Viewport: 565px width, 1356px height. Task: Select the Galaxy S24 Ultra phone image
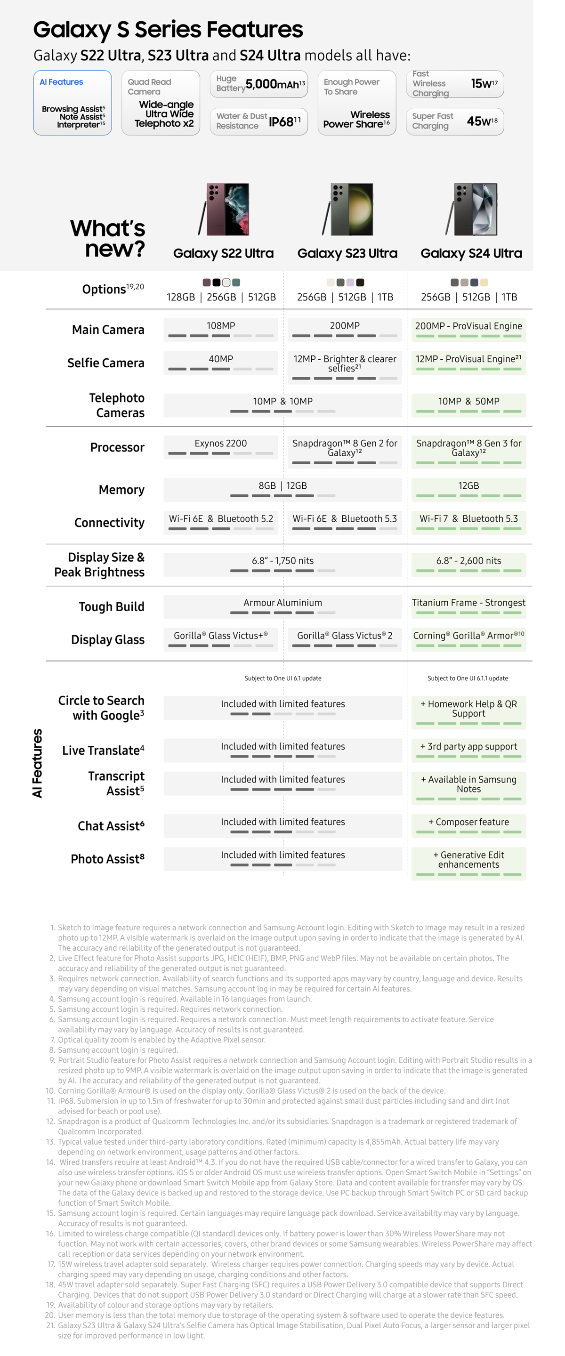pos(472,209)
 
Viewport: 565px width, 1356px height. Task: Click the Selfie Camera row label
pos(106,363)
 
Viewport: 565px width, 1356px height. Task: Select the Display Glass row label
pos(108,639)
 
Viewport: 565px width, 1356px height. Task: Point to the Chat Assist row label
pos(111,826)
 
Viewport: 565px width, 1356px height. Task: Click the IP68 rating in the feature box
pos(284,122)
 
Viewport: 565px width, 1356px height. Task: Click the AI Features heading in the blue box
pos(62,82)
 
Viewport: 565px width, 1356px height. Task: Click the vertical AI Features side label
pos(37,763)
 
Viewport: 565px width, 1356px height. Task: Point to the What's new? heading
pos(108,238)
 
